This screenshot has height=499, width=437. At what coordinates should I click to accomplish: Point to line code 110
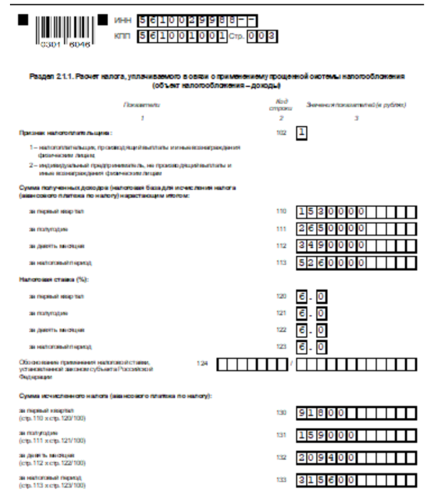tap(280, 211)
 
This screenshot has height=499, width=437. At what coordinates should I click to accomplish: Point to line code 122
tap(280, 328)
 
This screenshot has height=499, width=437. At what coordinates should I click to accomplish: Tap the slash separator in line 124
tap(292, 364)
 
